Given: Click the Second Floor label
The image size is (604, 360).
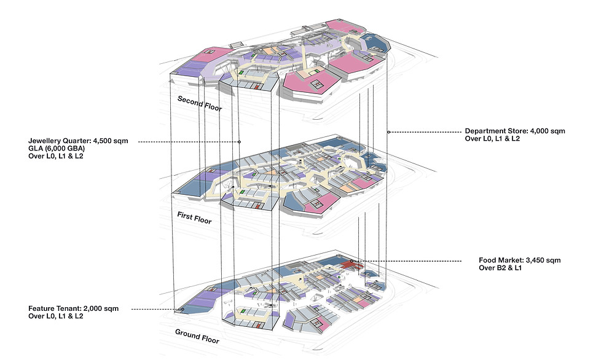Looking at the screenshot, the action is pyautogui.click(x=200, y=103).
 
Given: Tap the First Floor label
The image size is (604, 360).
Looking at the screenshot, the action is pyautogui.click(x=195, y=217).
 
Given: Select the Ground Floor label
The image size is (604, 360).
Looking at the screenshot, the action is pyautogui.click(x=197, y=336).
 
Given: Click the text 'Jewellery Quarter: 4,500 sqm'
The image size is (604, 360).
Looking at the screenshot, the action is pyautogui.click(x=78, y=141).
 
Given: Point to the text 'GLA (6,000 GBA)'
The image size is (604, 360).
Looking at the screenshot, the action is pyautogui.click(x=57, y=149).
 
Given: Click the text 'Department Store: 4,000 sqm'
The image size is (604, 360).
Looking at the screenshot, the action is pyautogui.click(x=515, y=131).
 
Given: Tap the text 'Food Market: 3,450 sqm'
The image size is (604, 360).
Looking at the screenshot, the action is pyautogui.click(x=520, y=260).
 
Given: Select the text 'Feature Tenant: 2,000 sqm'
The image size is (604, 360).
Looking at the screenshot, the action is pyautogui.click(x=74, y=308).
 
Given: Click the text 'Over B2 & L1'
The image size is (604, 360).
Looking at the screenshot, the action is pyautogui.click(x=500, y=268).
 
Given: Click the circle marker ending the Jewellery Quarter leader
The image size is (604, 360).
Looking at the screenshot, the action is pyautogui.click(x=239, y=142).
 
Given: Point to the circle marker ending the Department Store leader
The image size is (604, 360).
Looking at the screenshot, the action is pyautogui.click(x=389, y=132).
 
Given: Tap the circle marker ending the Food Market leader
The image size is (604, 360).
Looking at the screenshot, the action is pyautogui.click(x=351, y=262).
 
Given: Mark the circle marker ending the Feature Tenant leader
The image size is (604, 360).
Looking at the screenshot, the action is pyautogui.click(x=182, y=309).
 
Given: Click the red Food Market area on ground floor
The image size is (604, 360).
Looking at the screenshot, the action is pyautogui.click(x=347, y=264).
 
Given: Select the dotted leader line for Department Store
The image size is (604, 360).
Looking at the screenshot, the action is pyautogui.click(x=426, y=132).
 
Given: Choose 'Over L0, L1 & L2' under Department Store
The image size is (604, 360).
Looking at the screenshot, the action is pyautogui.click(x=492, y=139).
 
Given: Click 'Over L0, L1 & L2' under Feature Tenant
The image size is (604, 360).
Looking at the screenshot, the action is pyautogui.click(x=55, y=316).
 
